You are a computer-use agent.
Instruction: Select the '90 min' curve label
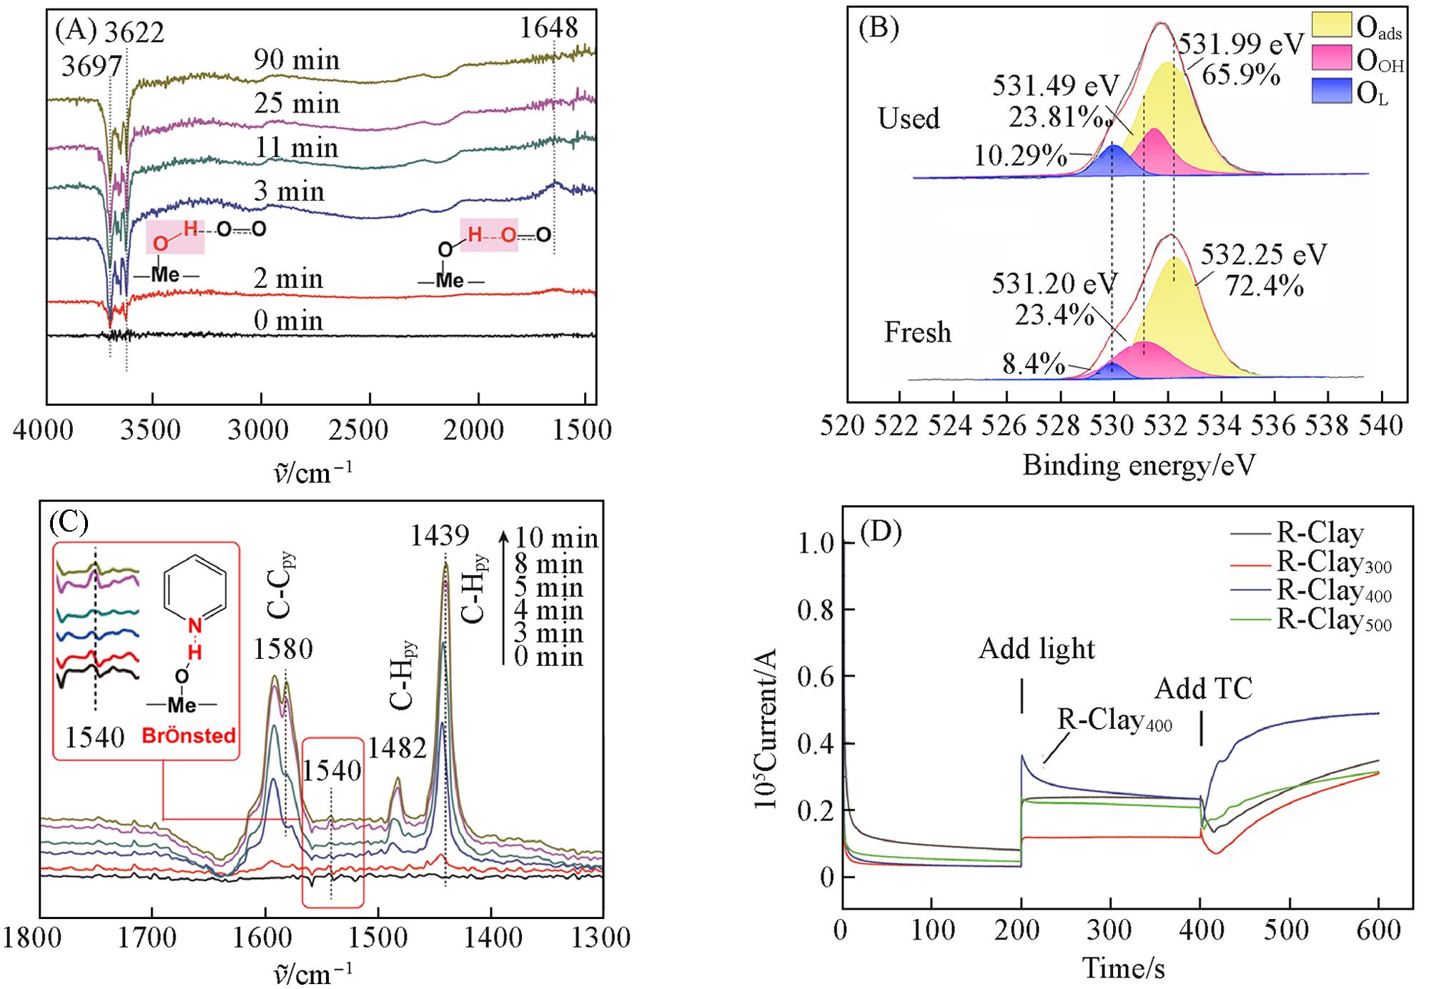(x=297, y=60)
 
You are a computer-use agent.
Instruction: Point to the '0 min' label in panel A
(x=288, y=320)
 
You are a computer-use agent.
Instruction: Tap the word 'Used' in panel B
(x=909, y=118)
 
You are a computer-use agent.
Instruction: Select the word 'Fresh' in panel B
(x=917, y=332)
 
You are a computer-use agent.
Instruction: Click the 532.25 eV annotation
(x=1263, y=254)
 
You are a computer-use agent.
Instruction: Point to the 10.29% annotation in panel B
(x=1020, y=156)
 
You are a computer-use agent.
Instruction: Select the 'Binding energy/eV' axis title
(x=1139, y=465)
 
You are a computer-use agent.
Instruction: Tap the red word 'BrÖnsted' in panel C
(x=188, y=735)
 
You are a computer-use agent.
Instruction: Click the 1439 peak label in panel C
(x=440, y=535)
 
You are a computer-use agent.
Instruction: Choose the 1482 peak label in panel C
(x=397, y=748)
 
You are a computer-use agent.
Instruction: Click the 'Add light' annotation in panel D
(x=1037, y=648)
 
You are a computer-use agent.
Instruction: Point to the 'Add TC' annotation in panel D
(x=1204, y=689)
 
